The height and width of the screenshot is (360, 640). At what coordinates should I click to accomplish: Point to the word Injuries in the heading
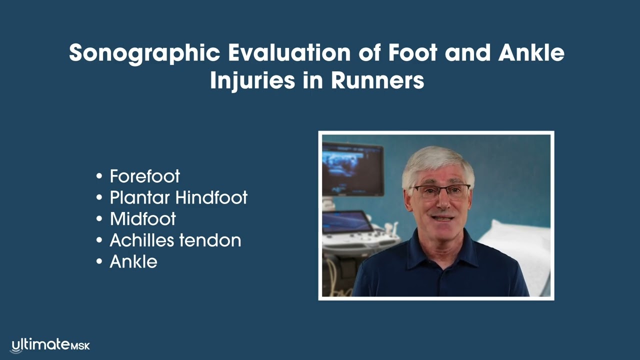(252, 80)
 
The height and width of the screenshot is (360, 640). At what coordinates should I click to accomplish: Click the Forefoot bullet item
(144, 176)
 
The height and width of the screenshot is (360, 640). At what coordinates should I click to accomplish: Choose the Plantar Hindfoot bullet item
(178, 197)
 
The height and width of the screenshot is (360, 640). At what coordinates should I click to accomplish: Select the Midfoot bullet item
(142, 219)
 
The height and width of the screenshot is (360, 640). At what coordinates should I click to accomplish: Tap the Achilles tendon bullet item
(175, 240)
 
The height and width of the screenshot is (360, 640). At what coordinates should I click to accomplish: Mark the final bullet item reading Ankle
(133, 261)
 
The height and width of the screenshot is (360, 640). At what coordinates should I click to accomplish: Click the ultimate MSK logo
(50, 345)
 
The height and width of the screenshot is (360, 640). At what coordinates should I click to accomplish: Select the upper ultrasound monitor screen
(352, 169)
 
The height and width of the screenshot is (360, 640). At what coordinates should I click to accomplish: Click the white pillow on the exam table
(520, 245)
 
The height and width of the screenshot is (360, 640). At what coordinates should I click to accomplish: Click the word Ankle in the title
(532, 53)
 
